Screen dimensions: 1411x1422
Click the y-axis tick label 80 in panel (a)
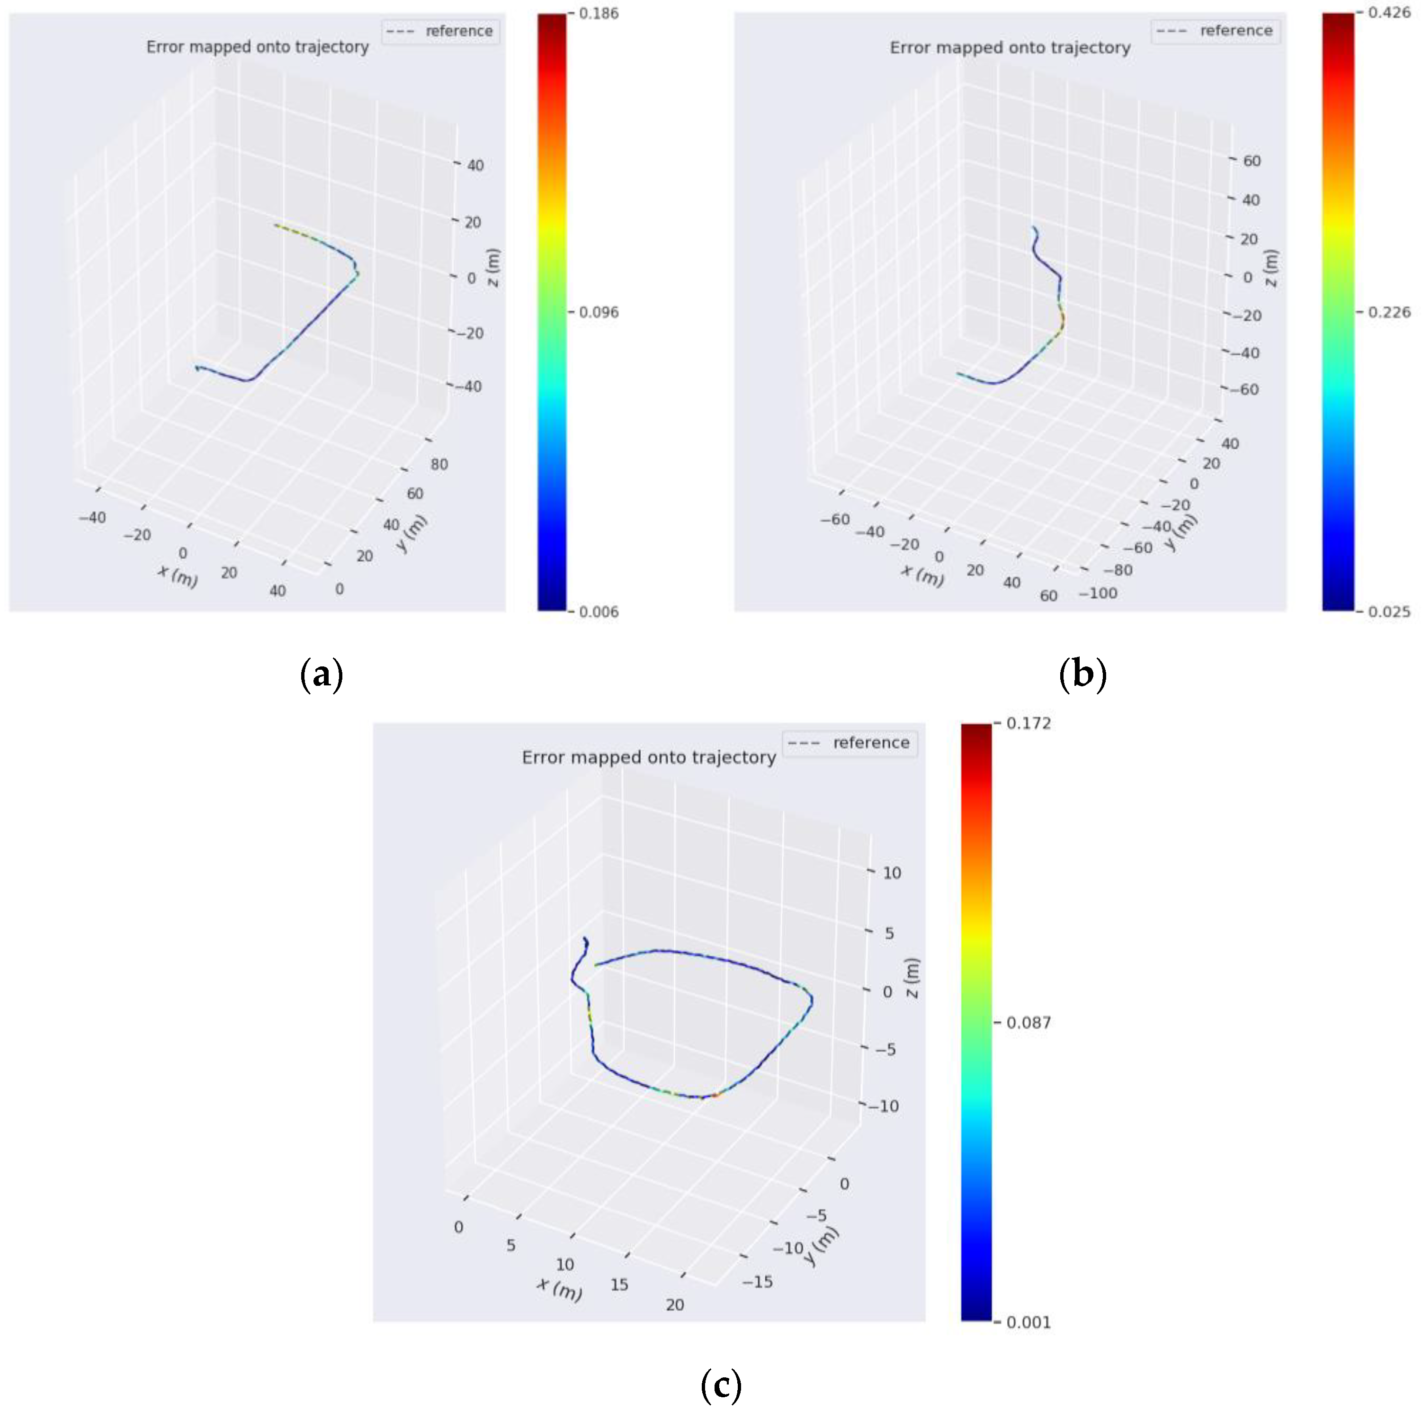[x=439, y=465]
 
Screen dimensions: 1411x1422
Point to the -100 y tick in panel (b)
[x=1098, y=593]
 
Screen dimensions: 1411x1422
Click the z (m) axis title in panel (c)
[x=912, y=978]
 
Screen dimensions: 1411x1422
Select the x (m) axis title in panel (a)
[x=178, y=575]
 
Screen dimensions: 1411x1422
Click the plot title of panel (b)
[x=1010, y=48]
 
